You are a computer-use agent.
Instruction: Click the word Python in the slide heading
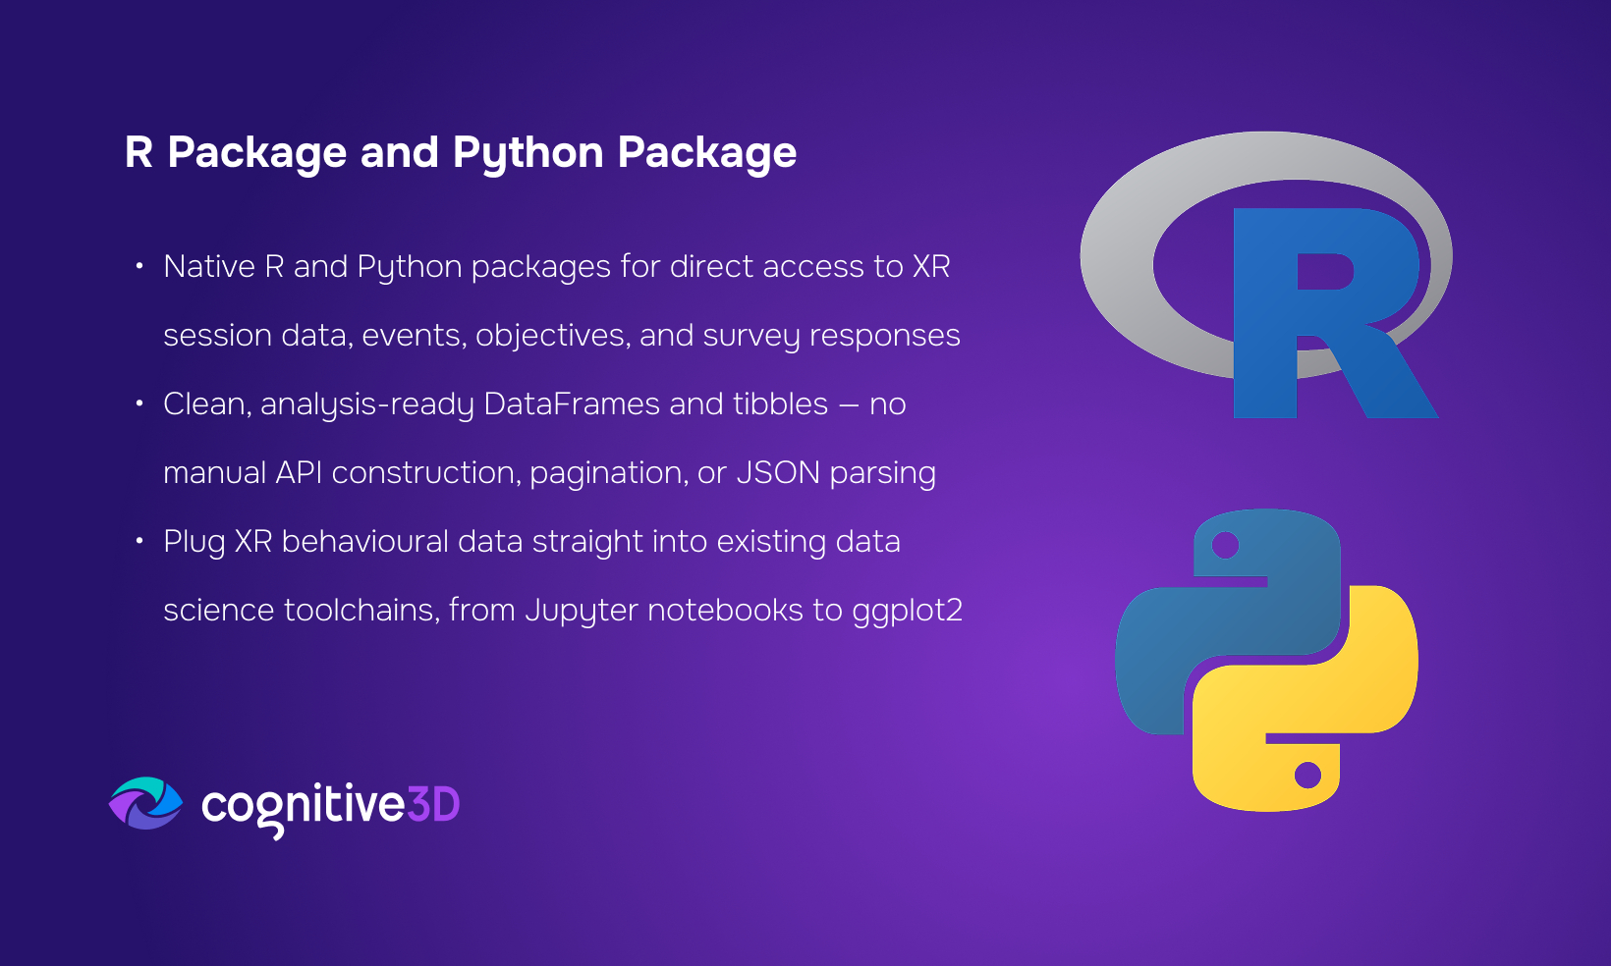tap(528, 153)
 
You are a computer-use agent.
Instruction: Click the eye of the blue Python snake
tap(1225, 545)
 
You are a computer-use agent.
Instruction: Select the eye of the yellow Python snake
tap(1307, 776)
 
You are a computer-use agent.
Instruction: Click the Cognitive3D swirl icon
tap(146, 803)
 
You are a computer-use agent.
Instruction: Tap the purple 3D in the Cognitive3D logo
tap(433, 804)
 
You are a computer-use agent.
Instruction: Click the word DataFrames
tap(571, 403)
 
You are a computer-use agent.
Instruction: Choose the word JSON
tap(778, 473)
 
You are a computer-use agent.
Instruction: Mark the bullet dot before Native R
tap(139, 267)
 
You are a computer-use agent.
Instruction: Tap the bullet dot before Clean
tap(139, 403)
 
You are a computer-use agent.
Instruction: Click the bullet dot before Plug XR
tap(139, 541)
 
